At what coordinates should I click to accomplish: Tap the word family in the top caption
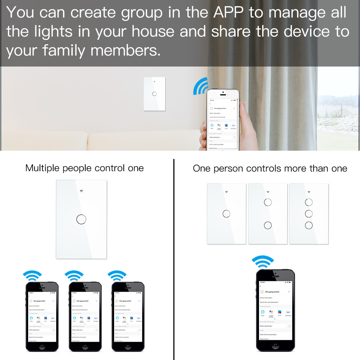coord(64,50)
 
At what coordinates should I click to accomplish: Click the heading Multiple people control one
coord(85,168)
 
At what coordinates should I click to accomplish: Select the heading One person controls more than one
coord(270,168)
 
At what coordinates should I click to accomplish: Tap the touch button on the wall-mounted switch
coord(154,94)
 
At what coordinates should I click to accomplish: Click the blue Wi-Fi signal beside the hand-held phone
coord(200,86)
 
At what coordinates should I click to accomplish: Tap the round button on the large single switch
coord(81,219)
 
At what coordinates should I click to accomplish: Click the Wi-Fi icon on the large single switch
coord(81,191)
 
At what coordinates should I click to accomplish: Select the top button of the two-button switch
coord(268,202)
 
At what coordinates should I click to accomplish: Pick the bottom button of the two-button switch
coord(268,225)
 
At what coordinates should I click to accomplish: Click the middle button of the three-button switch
coord(309,214)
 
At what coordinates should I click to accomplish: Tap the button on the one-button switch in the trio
coord(226,214)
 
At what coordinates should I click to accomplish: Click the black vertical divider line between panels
coord(174,259)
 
